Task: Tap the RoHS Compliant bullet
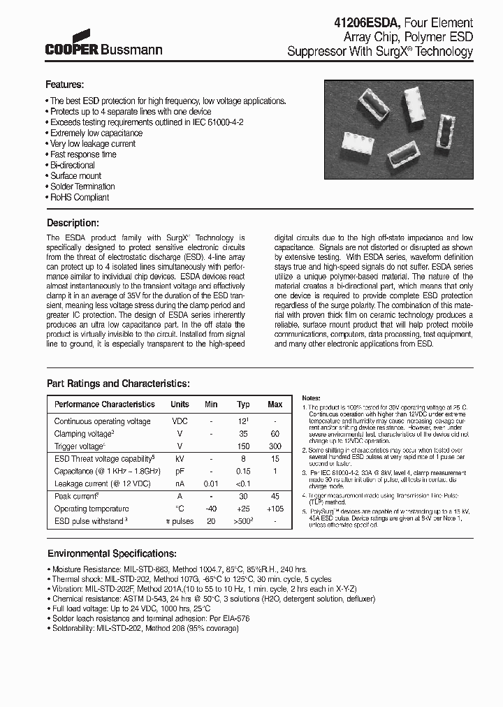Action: pyautogui.click(x=79, y=198)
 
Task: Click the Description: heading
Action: pyautogui.click(x=72, y=223)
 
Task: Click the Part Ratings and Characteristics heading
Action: pyautogui.click(x=117, y=384)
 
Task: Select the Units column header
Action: pyautogui.click(x=180, y=404)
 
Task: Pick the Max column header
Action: pyautogui.click(x=275, y=404)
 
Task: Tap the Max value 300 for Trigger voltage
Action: pyautogui.click(x=275, y=446)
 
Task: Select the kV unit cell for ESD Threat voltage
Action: pyautogui.click(x=180, y=459)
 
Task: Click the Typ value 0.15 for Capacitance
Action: pyautogui.click(x=243, y=471)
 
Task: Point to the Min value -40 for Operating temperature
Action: pyautogui.click(x=211, y=509)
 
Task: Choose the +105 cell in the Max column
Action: pyautogui.click(x=275, y=509)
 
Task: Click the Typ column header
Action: pyautogui.click(x=243, y=404)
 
